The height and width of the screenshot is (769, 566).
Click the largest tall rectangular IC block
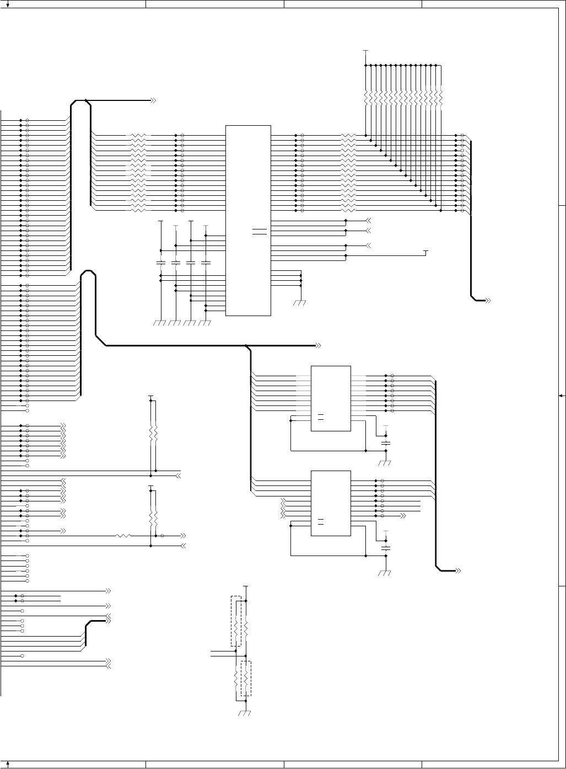click(x=248, y=220)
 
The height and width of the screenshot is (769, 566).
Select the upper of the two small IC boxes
click(x=331, y=398)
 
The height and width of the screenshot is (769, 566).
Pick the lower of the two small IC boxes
click(x=331, y=503)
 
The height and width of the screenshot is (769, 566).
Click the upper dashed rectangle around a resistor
click(x=236, y=621)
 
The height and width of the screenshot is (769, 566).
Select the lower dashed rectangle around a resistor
click(x=246, y=678)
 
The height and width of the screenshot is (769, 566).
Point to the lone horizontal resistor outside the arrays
click(x=123, y=536)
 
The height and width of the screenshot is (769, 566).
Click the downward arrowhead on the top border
click(x=7, y=4)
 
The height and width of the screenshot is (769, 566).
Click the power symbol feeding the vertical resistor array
click(x=365, y=51)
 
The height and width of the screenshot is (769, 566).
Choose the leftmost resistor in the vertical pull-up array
click(x=365, y=99)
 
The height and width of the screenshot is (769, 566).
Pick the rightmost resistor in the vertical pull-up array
click(x=441, y=99)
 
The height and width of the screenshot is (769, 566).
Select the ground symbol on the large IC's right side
click(x=300, y=302)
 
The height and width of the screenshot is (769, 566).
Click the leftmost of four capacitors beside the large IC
click(x=161, y=263)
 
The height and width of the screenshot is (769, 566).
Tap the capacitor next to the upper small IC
click(x=386, y=443)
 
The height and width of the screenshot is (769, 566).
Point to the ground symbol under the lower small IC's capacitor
click(x=386, y=573)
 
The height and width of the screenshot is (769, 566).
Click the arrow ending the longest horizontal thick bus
click(x=318, y=346)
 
